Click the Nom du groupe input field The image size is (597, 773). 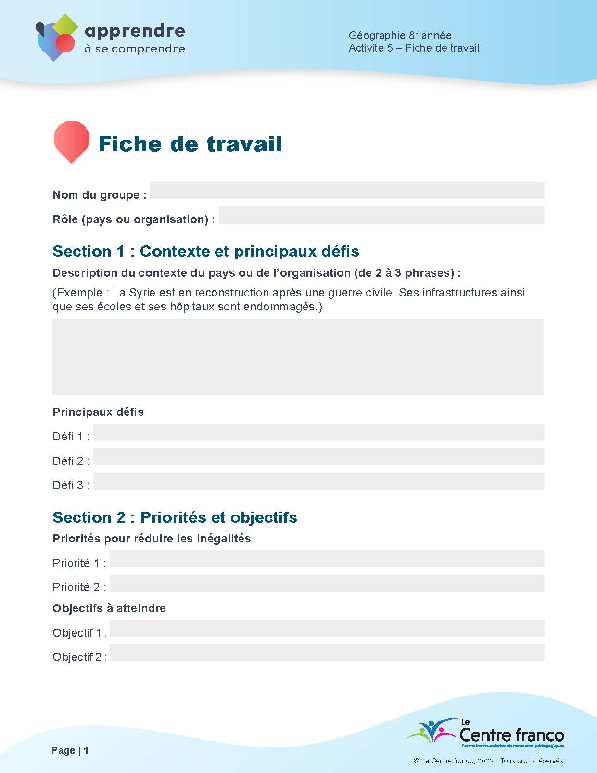[347, 191]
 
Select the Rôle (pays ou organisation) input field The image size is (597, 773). [381, 215]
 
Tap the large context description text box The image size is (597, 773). [298, 357]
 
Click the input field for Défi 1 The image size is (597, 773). [318, 432]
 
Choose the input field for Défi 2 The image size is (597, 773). [318, 457]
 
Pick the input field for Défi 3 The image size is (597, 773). [318, 481]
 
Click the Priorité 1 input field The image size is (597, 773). [327, 559]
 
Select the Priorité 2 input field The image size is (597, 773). [327, 583]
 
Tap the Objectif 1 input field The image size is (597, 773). [327, 629]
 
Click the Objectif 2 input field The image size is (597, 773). [327, 653]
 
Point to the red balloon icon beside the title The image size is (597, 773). [71, 140]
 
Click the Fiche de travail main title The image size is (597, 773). [190, 144]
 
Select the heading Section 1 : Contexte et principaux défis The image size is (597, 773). [206, 251]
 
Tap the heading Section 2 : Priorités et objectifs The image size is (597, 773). [175, 517]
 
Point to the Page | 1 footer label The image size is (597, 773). [70, 750]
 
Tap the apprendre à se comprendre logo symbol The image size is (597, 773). [57, 38]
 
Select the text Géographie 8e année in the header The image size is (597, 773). [400, 35]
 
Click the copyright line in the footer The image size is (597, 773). [489, 761]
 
